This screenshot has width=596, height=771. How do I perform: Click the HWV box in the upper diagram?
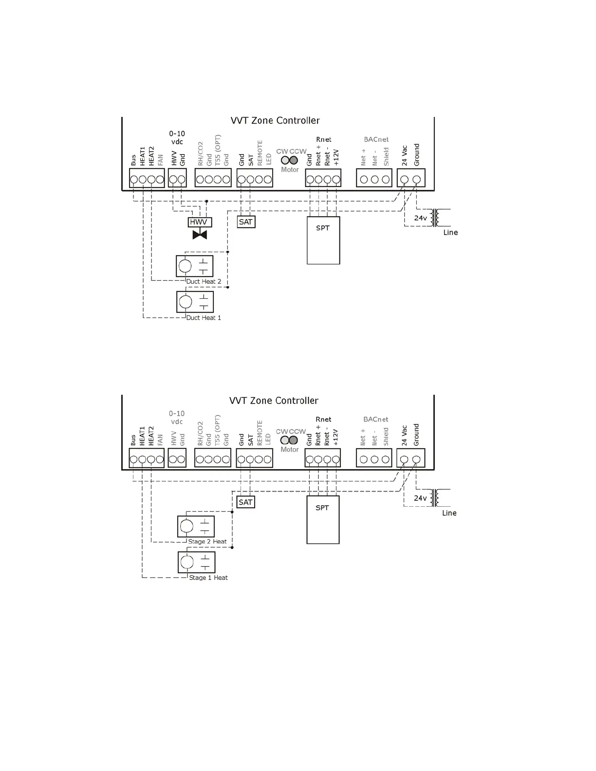[199, 222]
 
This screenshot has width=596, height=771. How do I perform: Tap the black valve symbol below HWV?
[200, 235]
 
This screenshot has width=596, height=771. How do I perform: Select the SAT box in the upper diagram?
[246, 222]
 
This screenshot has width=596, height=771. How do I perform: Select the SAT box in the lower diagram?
[245, 502]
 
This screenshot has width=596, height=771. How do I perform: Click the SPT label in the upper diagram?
[322, 228]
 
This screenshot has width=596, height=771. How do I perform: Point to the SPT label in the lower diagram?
[322, 508]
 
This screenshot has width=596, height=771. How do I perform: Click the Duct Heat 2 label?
[204, 281]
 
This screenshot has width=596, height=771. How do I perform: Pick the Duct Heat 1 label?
[204, 318]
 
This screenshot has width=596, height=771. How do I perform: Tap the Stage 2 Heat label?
[207, 541]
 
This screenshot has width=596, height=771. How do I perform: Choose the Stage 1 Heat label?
[208, 578]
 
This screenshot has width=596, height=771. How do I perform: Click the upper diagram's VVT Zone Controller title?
[275, 120]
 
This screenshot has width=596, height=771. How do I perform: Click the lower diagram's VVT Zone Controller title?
[274, 401]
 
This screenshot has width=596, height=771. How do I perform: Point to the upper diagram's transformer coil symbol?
[438, 218]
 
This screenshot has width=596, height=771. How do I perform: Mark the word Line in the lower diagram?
[449, 513]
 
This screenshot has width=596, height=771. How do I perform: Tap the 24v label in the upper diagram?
[421, 218]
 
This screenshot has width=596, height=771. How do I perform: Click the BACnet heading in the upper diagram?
[376, 140]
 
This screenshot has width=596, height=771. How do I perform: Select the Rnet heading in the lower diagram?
[323, 419]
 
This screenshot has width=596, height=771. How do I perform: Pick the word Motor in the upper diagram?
[290, 170]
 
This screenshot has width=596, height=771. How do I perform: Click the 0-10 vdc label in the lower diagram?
[177, 417]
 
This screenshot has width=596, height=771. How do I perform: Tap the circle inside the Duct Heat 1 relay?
[186, 302]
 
